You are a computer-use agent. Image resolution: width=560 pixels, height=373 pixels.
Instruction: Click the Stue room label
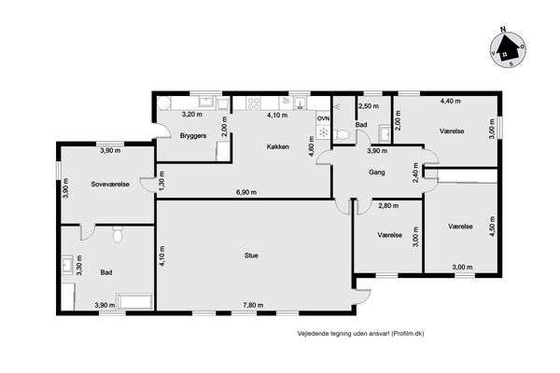[x=251, y=256]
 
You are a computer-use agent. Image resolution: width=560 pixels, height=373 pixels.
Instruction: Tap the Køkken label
[x=278, y=146]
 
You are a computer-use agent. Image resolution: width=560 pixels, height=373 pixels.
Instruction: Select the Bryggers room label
[x=193, y=136]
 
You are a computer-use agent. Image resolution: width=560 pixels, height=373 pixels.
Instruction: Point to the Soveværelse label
[x=110, y=185]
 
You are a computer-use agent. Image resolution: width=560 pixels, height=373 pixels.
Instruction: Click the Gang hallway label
[x=377, y=173]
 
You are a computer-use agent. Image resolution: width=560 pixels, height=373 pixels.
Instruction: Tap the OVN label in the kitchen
[x=323, y=118]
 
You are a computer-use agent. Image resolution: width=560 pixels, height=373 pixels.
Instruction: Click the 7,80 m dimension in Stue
[x=253, y=305]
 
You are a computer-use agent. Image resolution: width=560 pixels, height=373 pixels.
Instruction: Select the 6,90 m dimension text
[x=246, y=192]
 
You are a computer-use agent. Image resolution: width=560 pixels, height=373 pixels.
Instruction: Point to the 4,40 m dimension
[x=451, y=101]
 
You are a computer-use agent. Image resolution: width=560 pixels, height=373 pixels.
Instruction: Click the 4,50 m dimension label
[x=493, y=227]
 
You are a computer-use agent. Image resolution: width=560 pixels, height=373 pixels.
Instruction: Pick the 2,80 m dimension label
[x=388, y=205]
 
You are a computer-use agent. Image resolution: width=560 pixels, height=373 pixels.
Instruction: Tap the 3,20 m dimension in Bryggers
[x=192, y=115]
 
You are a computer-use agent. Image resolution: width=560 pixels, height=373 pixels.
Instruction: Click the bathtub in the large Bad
[x=135, y=301]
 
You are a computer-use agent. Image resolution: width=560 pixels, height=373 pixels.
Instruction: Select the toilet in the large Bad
[x=118, y=234]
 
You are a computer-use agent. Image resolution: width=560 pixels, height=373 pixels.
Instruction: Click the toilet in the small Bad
[x=342, y=135]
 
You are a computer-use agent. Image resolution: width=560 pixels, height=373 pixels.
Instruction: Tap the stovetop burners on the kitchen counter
[x=254, y=104]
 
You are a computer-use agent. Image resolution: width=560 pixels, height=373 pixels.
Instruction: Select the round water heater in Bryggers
[x=164, y=104]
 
